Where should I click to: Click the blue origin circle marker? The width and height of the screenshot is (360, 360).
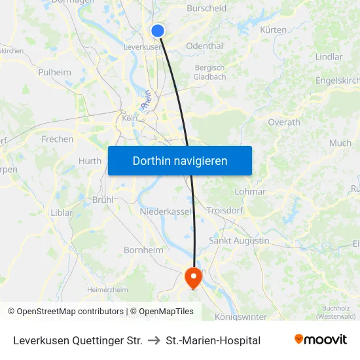coord(158,30)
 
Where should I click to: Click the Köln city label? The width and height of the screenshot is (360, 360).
coord(130,118)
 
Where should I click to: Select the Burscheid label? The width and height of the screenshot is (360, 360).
coord(206,9)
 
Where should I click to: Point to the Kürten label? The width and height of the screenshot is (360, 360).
coord(273,30)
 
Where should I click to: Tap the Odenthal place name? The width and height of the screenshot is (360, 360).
coord(205,46)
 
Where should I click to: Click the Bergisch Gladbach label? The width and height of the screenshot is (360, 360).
coord(210,72)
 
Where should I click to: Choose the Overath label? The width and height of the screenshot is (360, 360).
coord(284,122)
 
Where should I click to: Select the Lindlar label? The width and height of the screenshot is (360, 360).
coord(329,57)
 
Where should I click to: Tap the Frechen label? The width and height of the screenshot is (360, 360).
coord(58,139)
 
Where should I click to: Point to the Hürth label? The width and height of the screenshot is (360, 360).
coord(90,161)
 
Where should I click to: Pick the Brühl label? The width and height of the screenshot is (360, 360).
coord(103,200)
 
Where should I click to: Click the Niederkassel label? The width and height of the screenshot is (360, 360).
coord(165,211)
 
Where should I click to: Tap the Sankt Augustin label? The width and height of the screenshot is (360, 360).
coord(239,240)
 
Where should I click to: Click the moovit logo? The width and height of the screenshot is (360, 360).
coord(321,340)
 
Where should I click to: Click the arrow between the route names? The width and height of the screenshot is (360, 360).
coord(154,340)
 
